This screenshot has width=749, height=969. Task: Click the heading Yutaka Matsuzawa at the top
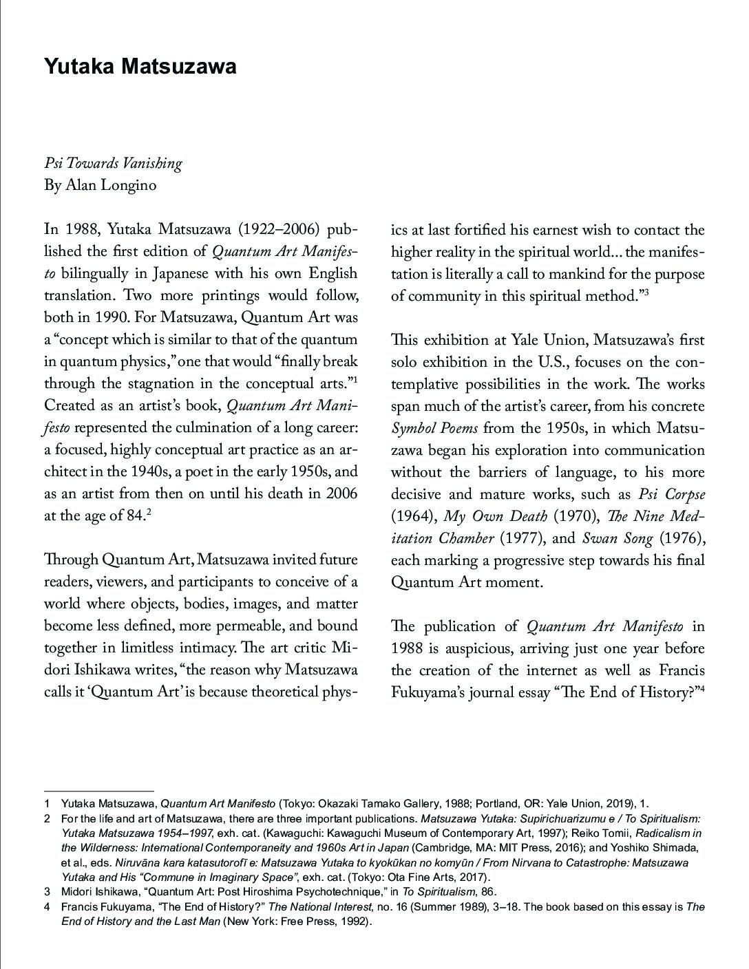140,67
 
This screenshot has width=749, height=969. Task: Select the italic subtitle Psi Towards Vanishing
113,164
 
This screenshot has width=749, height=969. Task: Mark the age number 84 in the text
134,516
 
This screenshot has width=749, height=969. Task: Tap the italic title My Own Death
495,516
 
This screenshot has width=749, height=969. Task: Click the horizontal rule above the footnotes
98,791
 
